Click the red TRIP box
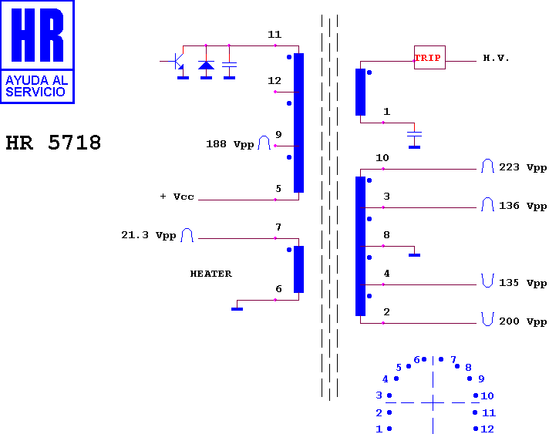tap(429, 57)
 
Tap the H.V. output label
tap(496, 58)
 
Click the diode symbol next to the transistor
tap(206, 65)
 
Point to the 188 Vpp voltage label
tap(230, 144)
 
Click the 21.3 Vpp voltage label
tap(149, 235)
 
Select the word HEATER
tap(211, 274)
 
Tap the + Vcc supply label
tap(177, 197)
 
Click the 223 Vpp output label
tap(523, 167)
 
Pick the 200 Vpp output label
tap(523, 321)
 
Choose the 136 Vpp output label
tap(523, 206)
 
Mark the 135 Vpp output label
tap(523, 283)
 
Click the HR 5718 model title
tap(53, 143)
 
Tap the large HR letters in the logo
tap(38, 35)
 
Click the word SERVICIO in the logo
tap(35, 92)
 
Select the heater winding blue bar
tap(298, 269)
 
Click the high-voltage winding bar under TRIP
tap(360, 92)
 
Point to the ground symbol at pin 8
tap(414, 255)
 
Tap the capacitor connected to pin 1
tap(414, 134)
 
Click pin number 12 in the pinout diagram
tap(487, 429)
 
